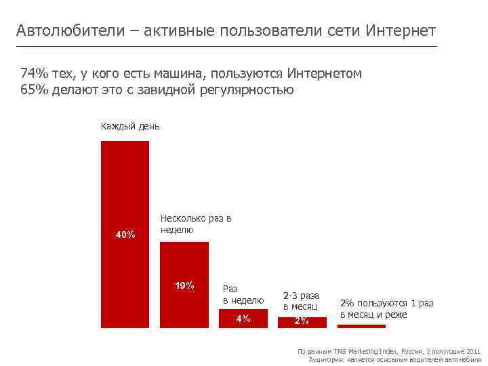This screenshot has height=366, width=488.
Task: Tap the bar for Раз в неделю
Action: (243, 319)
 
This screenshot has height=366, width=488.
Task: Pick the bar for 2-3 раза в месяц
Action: (302, 322)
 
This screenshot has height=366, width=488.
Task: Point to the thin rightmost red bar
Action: (361, 326)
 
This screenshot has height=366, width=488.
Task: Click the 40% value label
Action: (125, 235)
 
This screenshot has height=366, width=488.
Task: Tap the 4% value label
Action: (243, 319)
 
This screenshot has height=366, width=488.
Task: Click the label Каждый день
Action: (130, 126)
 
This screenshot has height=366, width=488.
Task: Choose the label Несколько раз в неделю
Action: (196, 224)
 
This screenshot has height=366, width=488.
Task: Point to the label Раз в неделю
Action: (243, 294)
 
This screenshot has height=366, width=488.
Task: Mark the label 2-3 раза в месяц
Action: (301, 301)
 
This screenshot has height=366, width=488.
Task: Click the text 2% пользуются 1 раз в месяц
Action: (386, 308)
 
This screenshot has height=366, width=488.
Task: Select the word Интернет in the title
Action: (401, 31)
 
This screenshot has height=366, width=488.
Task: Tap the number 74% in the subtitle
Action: (33, 73)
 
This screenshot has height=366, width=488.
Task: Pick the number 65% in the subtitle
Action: (33, 89)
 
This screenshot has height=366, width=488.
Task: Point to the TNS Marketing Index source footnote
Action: (389, 351)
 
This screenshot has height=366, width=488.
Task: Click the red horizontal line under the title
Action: (226, 46)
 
